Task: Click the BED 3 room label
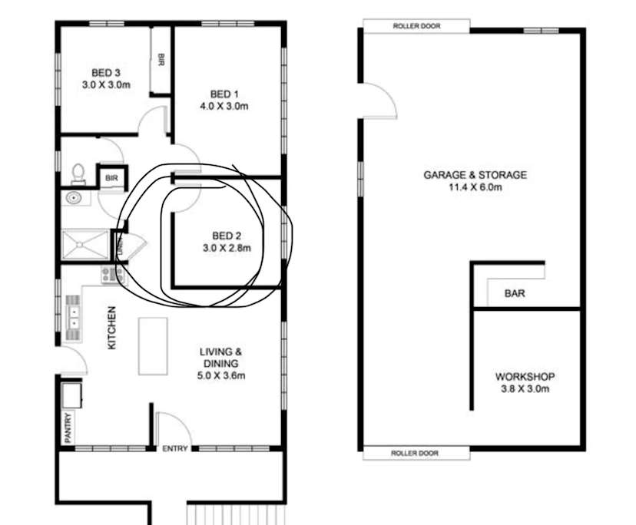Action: coord(106,73)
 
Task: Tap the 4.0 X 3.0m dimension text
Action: coord(224,106)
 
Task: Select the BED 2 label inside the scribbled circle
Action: coord(227,236)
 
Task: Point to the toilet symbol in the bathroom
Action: coord(78,174)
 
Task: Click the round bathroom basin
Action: coord(74,198)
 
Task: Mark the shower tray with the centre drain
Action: coord(84,244)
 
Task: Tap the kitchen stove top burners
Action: coord(109,275)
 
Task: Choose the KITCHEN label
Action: coord(111,328)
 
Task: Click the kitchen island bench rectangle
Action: coord(153,346)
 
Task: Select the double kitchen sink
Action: coord(74,318)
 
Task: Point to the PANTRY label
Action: coord(68,428)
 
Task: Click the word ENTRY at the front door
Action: coord(175,448)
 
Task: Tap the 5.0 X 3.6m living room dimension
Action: coord(221,375)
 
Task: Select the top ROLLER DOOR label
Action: coord(416,26)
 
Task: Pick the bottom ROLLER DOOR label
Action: coord(415,453)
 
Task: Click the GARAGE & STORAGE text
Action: coord(475,175)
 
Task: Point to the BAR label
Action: coord(515,293)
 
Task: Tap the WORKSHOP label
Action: coord(525,377)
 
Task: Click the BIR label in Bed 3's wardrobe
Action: coord(161,60)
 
